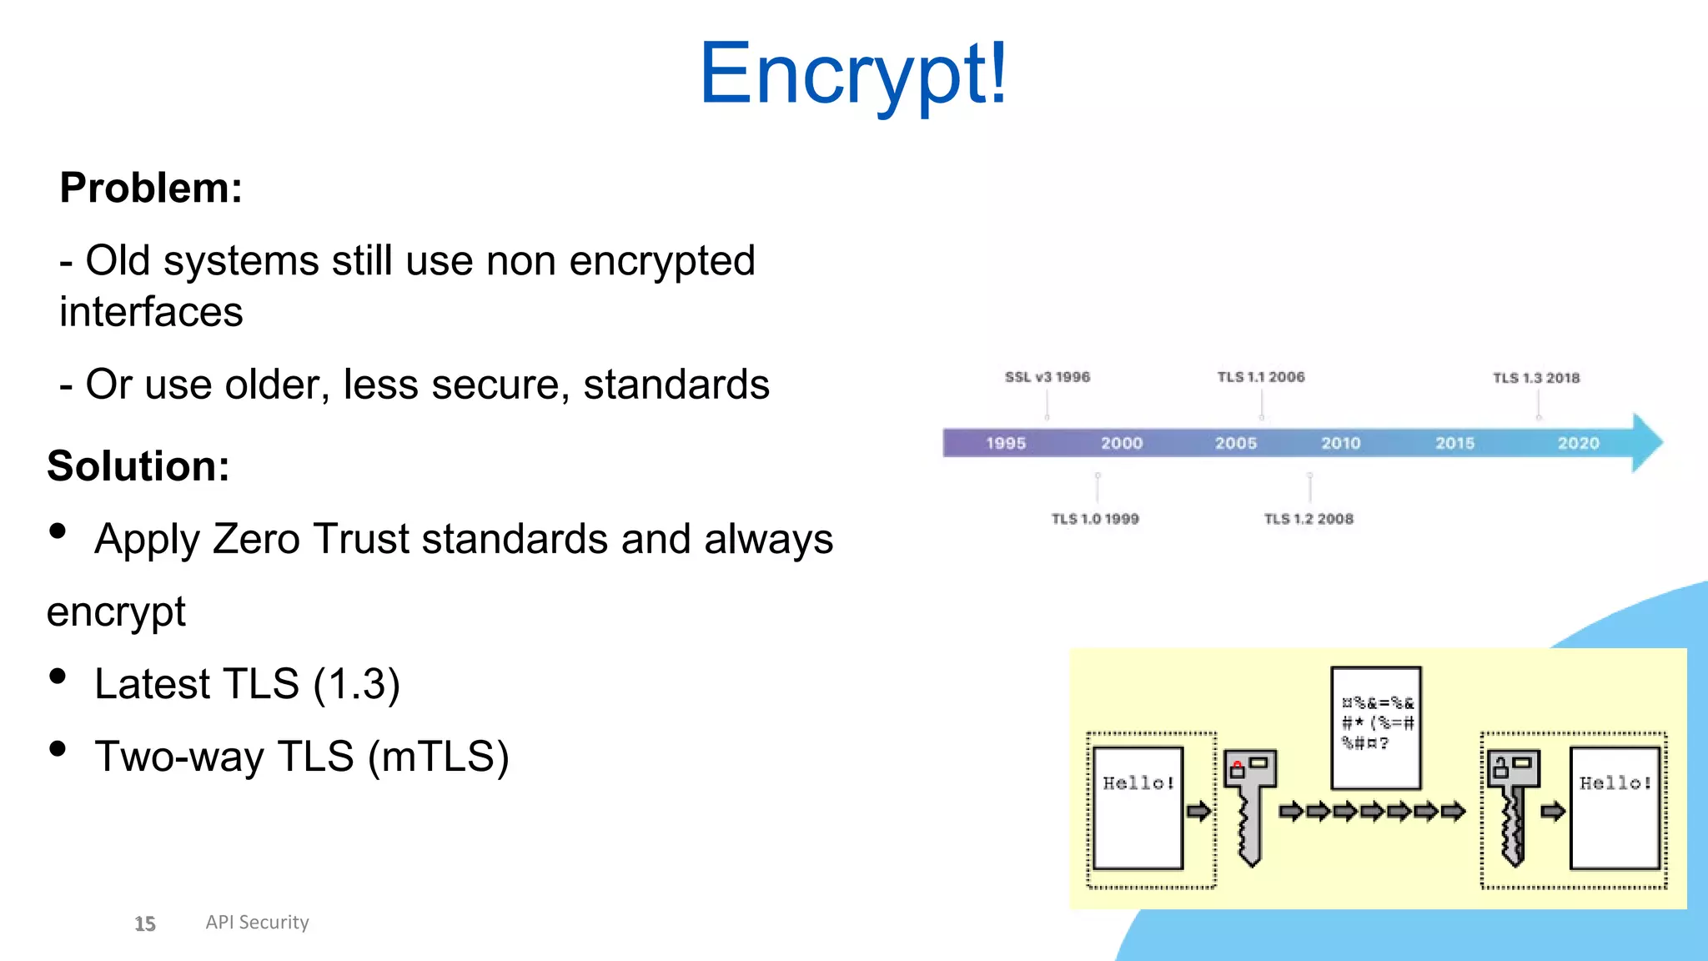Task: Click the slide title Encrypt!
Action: pos(853,75)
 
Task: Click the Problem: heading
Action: pos(151,188)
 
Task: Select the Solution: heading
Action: pos(138,465)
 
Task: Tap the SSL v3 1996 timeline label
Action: pos(1047,377)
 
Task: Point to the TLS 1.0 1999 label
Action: pos(1095,519)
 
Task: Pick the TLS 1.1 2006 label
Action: pos(1261,377)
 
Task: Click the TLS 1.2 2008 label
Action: pos(1309,519)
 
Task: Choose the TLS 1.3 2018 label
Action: pos(1536,378)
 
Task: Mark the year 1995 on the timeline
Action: pos(1006,443)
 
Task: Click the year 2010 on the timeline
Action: pos(1340,443)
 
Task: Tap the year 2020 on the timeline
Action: pos(1578,443)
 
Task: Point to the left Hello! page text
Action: pos(1138,783)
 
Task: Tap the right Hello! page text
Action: pos(1615,783)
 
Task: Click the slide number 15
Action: pos(145,923)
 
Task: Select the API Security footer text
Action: pos(257,922)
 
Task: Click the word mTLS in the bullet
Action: pos(438,757)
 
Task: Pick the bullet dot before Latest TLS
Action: pos(58,676)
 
